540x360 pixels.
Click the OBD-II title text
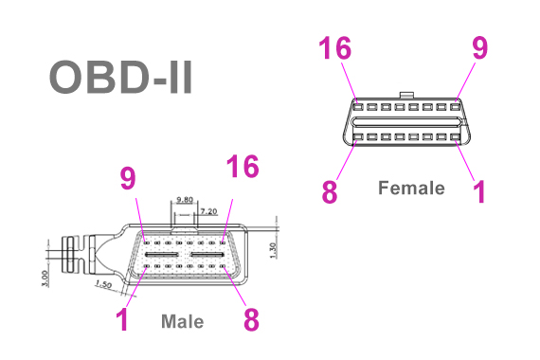click(x=120, y=79)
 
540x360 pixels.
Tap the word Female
click(x=411, y=188)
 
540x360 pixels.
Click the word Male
click(x=182, y=321)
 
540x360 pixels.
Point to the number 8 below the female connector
click(x=329, y=191)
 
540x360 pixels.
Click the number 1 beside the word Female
click(x=478, y=191)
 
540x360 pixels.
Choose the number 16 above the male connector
click(x=243, y=169)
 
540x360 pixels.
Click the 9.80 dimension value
click(x=185, y=201)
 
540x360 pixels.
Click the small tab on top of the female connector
click(x=406, y=95)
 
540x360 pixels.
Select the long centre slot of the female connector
click(x=405, y=123)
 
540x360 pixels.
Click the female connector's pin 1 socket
click(x=455, y=138)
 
